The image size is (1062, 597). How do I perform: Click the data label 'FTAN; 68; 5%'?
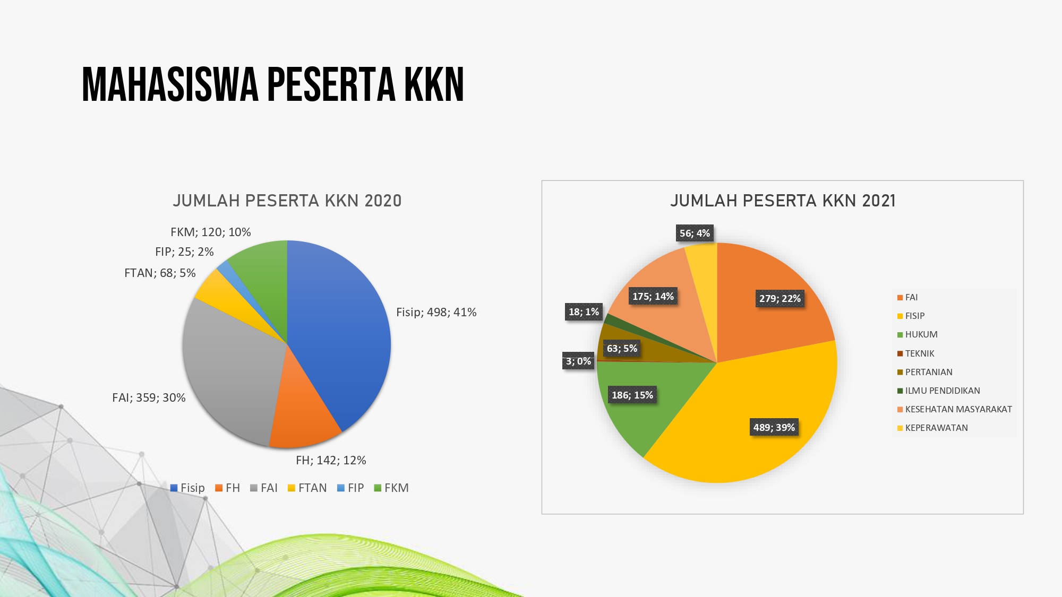coord(160,273)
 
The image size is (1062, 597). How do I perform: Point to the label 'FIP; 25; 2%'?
coord(184,252)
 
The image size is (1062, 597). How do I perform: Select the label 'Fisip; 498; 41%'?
coord(436,312)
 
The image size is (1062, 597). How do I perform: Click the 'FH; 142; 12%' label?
coord(331,460)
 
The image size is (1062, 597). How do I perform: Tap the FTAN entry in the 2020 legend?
coord(307,488)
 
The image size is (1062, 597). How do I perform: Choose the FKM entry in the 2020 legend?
coord(391,488)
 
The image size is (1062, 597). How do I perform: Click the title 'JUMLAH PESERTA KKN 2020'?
coord(287,201)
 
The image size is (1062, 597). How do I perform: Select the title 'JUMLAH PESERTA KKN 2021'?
coord(783,201)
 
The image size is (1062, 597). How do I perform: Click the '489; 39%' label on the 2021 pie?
coord(774,427)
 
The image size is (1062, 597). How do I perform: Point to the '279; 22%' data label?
coord(780,298)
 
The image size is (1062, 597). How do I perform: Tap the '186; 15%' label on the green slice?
coord(632,395)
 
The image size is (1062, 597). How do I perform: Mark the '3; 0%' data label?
coord(578,361)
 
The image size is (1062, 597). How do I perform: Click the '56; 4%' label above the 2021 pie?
coord(695,233)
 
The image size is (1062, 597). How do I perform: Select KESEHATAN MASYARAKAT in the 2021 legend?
coord(954,409)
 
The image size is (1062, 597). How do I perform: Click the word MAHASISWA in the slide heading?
coord(170,84)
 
